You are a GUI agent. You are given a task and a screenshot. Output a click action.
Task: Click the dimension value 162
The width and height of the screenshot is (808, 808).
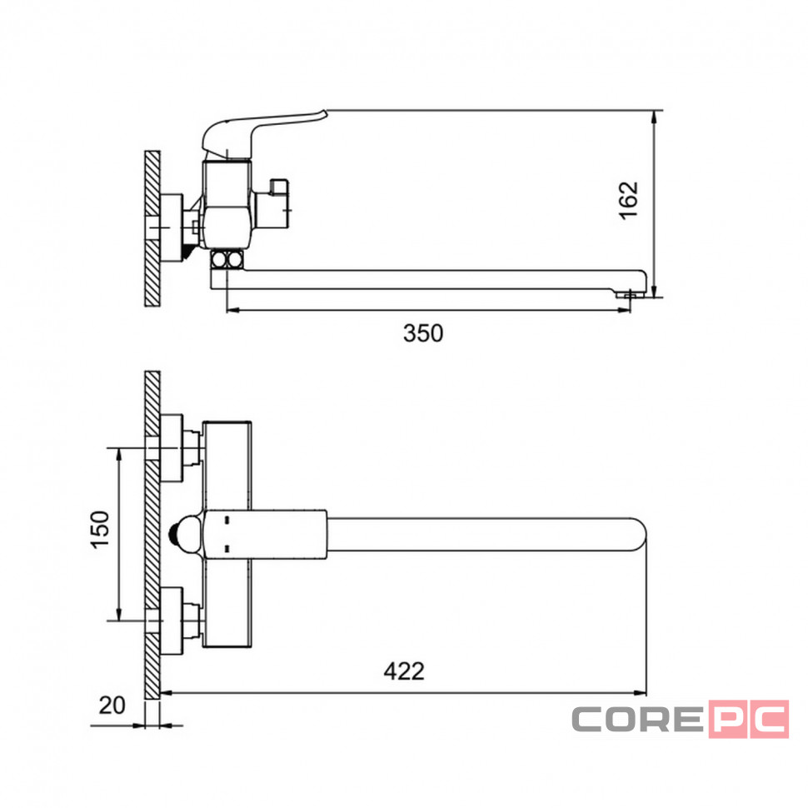[629, 201]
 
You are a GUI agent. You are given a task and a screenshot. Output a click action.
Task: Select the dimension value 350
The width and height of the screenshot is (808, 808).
[423, 333]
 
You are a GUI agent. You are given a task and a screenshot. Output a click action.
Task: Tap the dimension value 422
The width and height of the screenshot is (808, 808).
[404, 671]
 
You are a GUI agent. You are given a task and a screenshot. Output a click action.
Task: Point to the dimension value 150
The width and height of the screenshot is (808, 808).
[100, 530]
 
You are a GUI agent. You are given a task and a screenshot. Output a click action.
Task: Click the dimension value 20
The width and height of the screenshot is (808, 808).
[112, 705]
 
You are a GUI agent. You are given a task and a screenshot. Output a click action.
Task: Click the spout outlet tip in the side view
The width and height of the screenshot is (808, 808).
[630, 294]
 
